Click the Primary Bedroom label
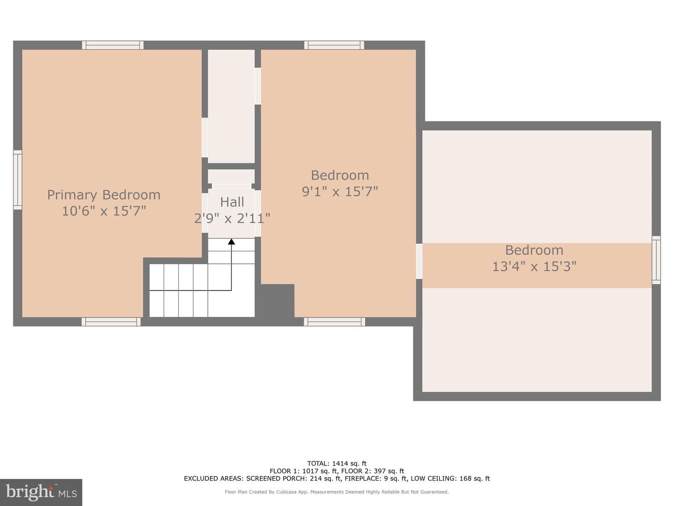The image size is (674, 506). tap(104, 195)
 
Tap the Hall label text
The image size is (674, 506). tap(232, 202)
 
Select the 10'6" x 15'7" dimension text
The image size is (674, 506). tap(104, 211)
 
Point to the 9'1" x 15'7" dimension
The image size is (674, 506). tap(340, 192)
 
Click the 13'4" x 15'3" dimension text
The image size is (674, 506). tap(535, 266)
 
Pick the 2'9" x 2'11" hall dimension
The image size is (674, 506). tap(232, 218)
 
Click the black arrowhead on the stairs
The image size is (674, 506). tap(232, 242)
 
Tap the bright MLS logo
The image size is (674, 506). tap(41, 492)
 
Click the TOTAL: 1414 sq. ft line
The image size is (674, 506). tap(337, 463)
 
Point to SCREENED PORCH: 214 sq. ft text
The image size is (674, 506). tap(293, 478)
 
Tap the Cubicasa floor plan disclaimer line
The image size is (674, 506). tap(337, 492)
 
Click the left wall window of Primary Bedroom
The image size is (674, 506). tap(18, 180)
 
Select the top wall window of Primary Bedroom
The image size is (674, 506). tap(113, 45)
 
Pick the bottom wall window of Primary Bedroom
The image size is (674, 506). tap(111, 322)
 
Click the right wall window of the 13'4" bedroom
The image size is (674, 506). tap(656, 260)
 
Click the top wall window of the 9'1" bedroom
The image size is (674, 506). tap(334, 45)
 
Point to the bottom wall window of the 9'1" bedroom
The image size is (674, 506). tap(334, 322)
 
